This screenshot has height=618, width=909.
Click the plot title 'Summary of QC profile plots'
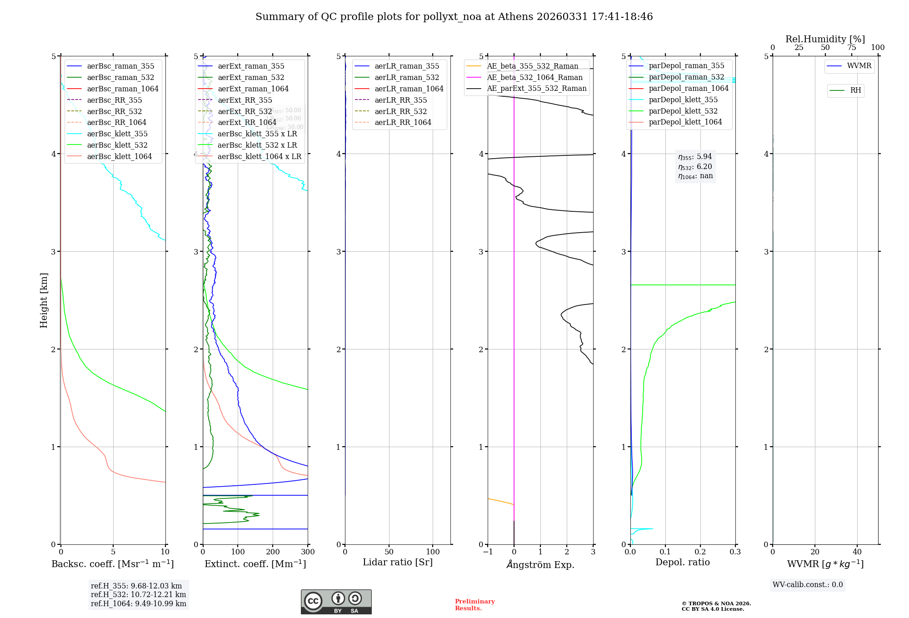[x=454, y=17]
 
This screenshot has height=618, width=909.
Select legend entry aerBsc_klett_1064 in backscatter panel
[x=119, y=156]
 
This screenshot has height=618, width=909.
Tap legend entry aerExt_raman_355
[x=251, y=66]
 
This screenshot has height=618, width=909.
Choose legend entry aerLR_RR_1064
[x=403, y=123]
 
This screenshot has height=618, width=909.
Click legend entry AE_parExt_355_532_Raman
[x=536, y=89]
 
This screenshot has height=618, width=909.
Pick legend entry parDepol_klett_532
[x=683, y=111]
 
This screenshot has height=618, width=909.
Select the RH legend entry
[x=855, y=90]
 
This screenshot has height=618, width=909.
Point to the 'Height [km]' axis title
[x=44, y=300]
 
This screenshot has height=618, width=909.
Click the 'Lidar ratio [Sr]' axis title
[x=398, y=563]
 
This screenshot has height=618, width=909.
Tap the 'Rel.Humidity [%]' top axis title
[x=825, y=39]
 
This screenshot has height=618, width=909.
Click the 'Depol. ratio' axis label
[x=682, y=563]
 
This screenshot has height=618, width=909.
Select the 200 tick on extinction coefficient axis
[x=273, y=552]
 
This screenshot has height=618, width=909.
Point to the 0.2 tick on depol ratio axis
[x=700, y=552]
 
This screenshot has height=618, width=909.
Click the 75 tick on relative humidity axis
[x=852, y=48]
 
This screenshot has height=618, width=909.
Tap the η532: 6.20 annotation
[x=695, y=167]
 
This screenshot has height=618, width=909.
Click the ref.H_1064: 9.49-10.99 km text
[x=138, y=604]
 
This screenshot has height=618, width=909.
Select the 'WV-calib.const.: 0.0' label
[x=808, y=585]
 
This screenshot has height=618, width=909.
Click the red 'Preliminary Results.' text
[x=474, y=605]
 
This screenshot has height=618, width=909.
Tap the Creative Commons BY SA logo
[x=336, y=602]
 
